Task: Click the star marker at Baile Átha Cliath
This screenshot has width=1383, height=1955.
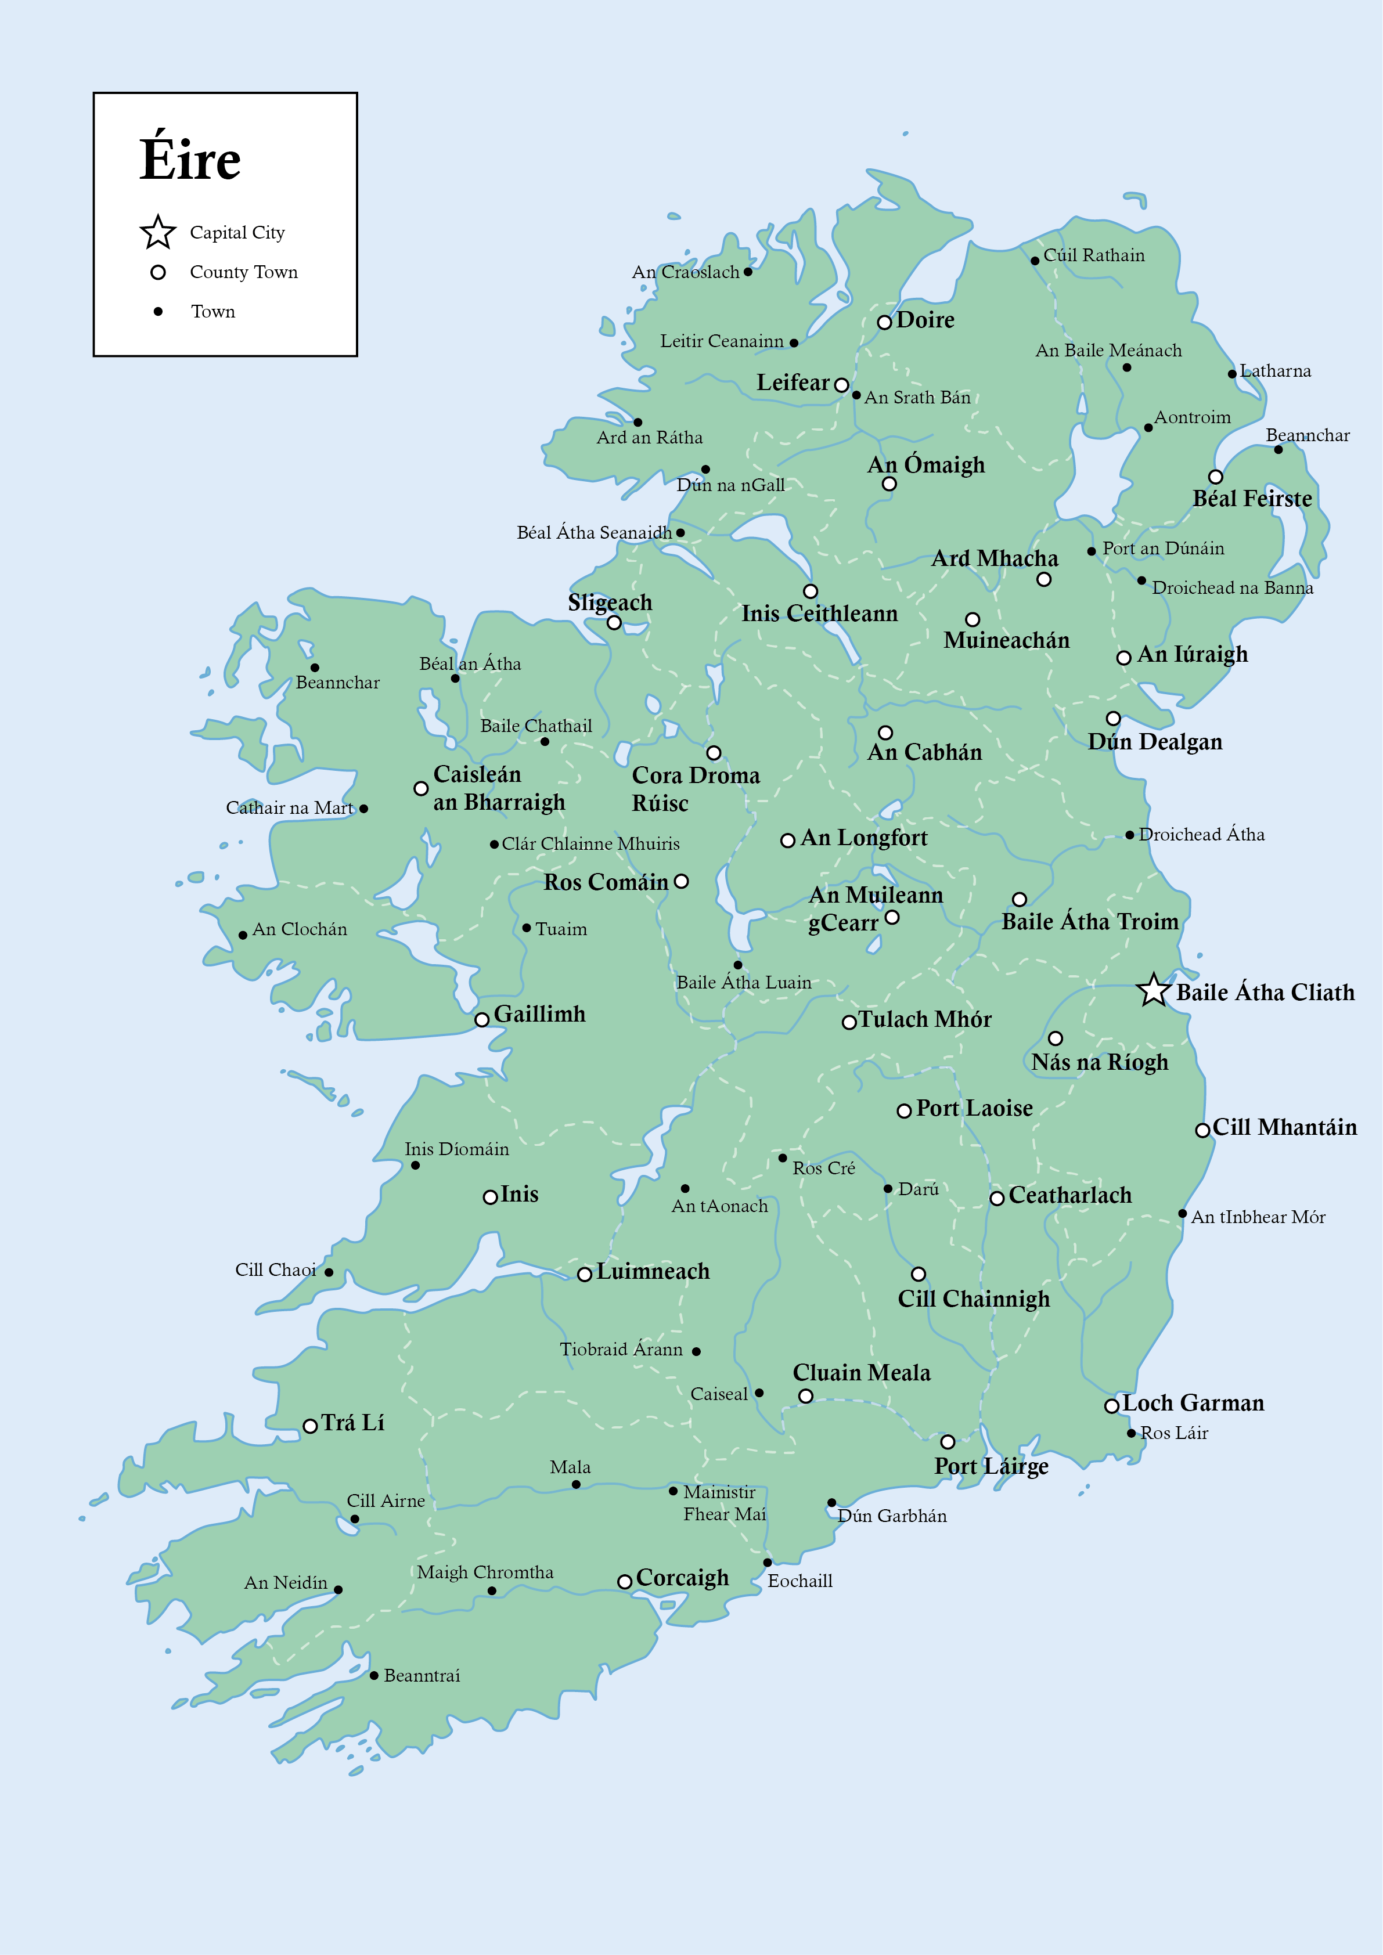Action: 1153,990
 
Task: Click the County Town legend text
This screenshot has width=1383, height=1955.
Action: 243,272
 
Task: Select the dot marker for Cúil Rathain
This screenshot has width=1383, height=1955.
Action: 1035,261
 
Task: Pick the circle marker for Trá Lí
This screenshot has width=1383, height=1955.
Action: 311,1426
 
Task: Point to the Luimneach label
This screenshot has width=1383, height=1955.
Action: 653,1271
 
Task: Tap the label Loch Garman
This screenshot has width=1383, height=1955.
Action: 1193,1402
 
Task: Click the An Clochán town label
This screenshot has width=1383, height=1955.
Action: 300,929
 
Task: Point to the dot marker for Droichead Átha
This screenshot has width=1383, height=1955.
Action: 1129,835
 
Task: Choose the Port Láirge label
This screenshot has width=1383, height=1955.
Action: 991,1466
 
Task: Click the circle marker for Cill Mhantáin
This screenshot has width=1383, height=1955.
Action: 1202,1130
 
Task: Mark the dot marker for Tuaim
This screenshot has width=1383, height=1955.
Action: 526,928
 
